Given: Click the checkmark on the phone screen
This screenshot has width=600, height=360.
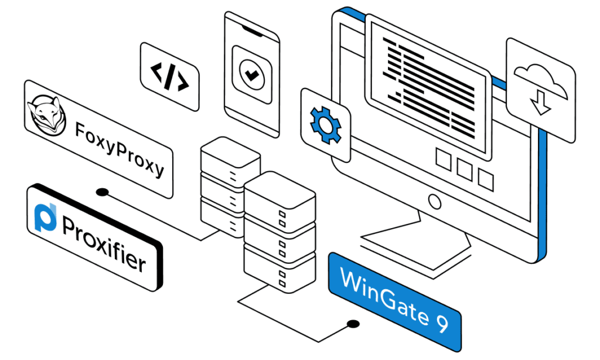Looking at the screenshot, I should coord(251,74).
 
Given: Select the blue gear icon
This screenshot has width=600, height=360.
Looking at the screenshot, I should coord(325,123).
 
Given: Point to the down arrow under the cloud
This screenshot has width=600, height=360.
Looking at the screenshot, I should coord(540,105).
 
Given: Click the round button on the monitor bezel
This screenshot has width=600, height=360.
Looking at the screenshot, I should coord(434,202).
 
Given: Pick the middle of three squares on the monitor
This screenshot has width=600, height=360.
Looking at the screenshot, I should coord(464,169).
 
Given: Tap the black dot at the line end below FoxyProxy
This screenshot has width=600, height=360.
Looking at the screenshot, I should coord(103,192).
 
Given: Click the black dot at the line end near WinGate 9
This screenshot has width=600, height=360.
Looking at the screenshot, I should coord(352,323).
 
